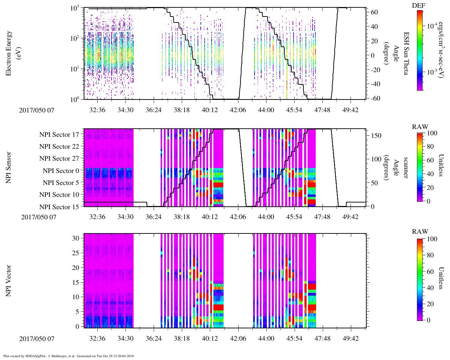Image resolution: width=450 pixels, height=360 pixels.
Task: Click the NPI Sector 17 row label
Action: coord(59,135)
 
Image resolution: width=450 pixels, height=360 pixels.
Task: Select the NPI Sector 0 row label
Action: coord(61,171)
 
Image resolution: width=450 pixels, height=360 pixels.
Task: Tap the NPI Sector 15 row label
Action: coord(59,207)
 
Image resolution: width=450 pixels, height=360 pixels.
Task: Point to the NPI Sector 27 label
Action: coord(59,159)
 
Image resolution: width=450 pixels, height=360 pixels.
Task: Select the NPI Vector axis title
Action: coord(9,281)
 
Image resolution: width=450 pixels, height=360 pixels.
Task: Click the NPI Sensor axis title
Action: coord(9,168)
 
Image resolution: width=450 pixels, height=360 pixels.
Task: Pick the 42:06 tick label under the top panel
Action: coord(238,110)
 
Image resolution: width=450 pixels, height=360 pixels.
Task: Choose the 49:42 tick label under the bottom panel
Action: coord(351,339)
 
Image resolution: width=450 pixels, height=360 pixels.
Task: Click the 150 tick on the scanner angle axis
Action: coord(377,136)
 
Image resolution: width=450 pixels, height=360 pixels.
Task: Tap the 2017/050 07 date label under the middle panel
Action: coord(39,217)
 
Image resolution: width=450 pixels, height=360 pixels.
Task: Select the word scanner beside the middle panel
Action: coord(406,168)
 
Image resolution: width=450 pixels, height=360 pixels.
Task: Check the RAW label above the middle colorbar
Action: coord(420,127)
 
